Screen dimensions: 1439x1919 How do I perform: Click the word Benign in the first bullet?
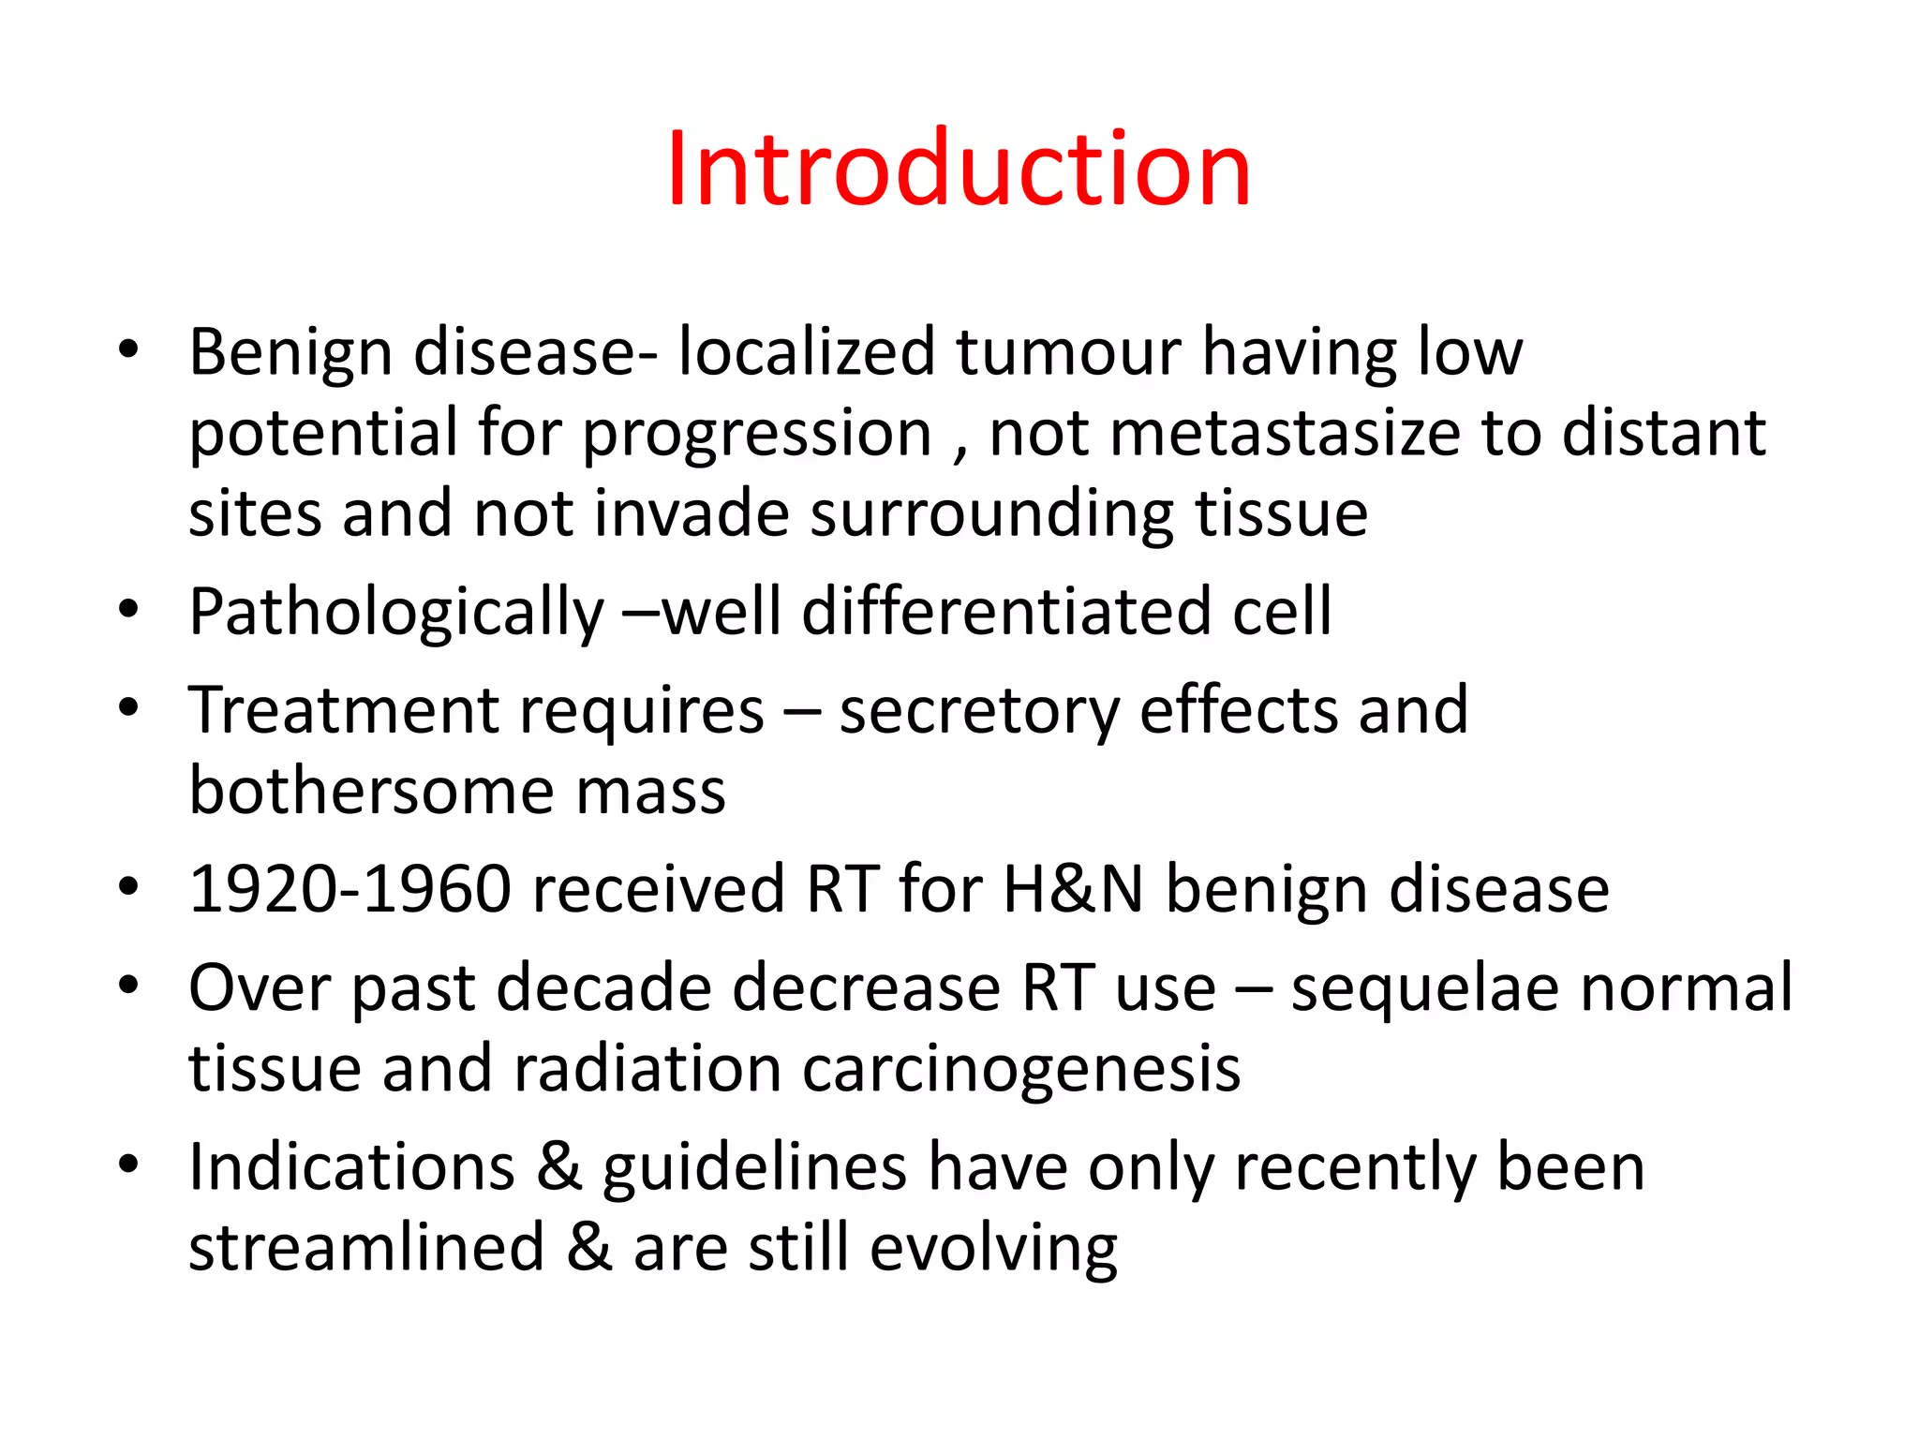[x=290, y=354]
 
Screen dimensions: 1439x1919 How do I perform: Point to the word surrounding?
[x=991, y=515]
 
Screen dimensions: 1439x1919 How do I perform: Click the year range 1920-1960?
[x=350, y=888]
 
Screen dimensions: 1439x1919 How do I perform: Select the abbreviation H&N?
[x=1073, y=888]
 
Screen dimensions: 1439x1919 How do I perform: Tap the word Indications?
[x=352, y=1167]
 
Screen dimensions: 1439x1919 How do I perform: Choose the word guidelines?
[x=754, y=1169]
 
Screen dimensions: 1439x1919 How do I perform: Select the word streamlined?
[x=366, y=1248]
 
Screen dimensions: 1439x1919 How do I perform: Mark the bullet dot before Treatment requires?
[x=128, y=707]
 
